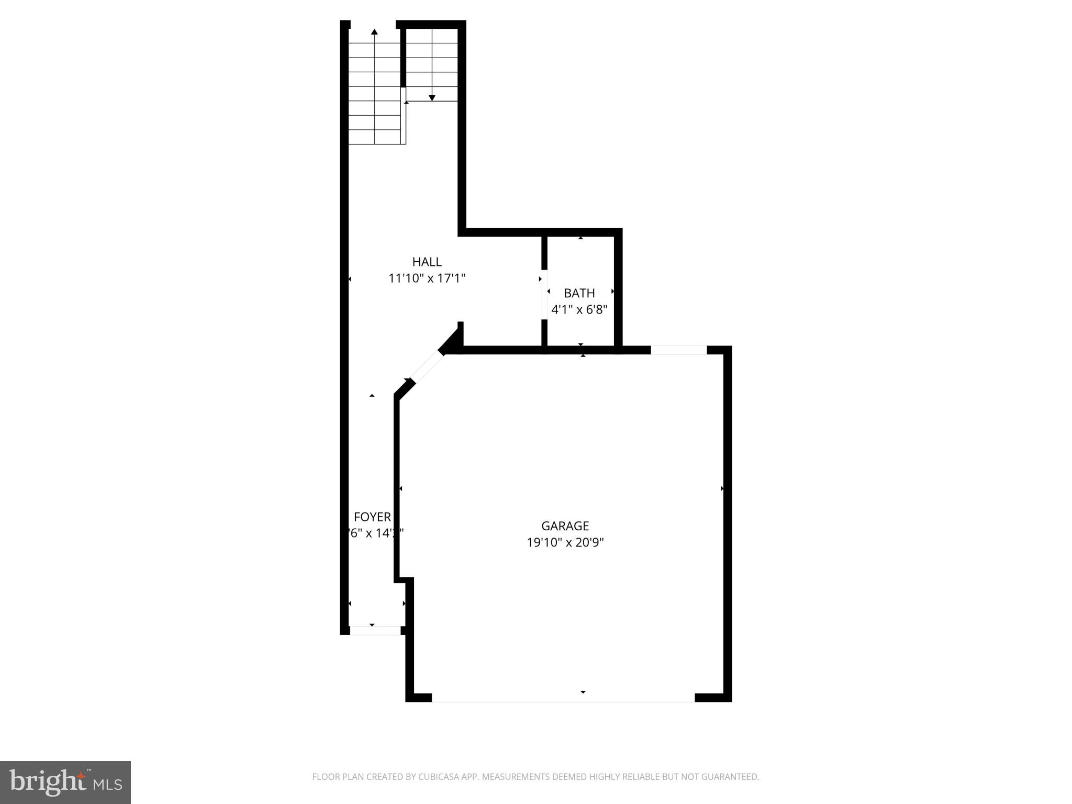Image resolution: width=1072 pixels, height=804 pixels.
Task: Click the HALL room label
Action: click(x=427, y=262)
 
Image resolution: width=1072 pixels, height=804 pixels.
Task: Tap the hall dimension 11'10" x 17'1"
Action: click(x=427, y=278)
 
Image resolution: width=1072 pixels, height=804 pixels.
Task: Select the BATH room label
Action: click(x=579, y=293)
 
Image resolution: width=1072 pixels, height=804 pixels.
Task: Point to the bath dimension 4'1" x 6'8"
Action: click(x=579, y=309)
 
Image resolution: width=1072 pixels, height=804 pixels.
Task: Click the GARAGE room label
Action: click(x=565, y=526)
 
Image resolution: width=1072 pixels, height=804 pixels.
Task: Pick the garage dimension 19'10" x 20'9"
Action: click(x=565, y=542)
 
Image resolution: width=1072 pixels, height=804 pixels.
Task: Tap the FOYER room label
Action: click(x=372, y=517)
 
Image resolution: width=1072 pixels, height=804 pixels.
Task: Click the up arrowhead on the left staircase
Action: click(x=374, y=32)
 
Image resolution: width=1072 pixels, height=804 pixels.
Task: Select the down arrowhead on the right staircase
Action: click(x=432, y=97)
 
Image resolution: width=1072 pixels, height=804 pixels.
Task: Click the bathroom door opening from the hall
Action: click(x=544, y=294)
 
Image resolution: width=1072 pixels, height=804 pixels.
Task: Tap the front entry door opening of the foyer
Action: click(x=375, y=630)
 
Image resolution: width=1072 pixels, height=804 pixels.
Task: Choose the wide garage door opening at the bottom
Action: click(x=563, y=697)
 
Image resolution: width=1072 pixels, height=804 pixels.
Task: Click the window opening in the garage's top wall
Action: click(x=678, y=350)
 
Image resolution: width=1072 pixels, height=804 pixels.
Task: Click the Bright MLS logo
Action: click(x=65, y=782)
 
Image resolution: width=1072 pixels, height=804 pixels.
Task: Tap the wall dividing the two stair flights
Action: click(x=403, y=58)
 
